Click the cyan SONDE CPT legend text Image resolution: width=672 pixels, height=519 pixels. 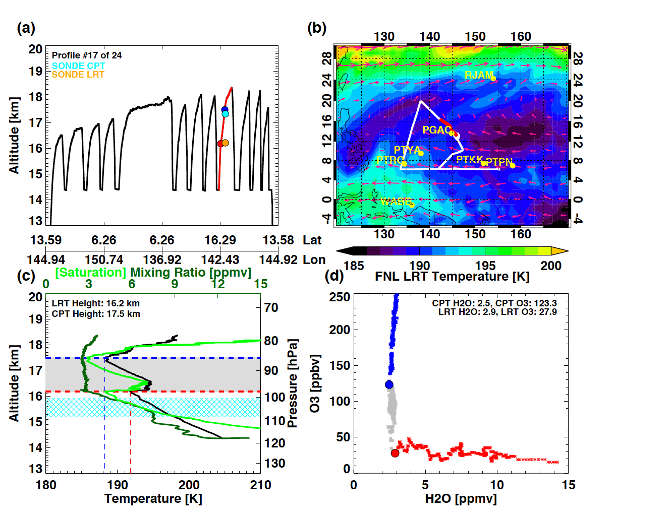coord(78,66)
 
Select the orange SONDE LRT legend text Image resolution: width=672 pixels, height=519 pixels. coord(78,75)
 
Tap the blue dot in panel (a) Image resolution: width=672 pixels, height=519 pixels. coord(225,109)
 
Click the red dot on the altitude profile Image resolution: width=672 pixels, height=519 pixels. coord(220,144)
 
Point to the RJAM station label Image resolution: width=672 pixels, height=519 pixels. coord(479,75)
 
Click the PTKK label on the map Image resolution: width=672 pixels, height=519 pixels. coord(469,160)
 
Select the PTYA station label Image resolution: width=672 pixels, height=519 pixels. coord(407,150)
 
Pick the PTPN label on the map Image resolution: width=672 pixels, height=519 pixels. coord(498,162)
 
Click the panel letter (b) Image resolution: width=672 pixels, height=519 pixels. coord(317,28)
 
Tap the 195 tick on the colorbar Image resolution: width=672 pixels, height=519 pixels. coord(485,266)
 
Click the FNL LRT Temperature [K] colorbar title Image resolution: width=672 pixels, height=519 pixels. coord(452,277)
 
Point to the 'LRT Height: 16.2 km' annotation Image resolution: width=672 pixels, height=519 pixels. coord(96,303)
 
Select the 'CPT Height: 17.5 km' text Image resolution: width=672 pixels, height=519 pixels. coord(96,314)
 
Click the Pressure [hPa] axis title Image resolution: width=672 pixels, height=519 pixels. coord(292,383)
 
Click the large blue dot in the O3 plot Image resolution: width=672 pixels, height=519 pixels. coord(389,384)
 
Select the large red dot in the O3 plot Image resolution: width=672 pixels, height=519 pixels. coord(395,453)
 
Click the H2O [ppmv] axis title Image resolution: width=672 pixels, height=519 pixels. coord(461,499)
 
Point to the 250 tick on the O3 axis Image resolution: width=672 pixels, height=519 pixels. coord(340,297)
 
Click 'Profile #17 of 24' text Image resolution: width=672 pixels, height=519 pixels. coord(87,55)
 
